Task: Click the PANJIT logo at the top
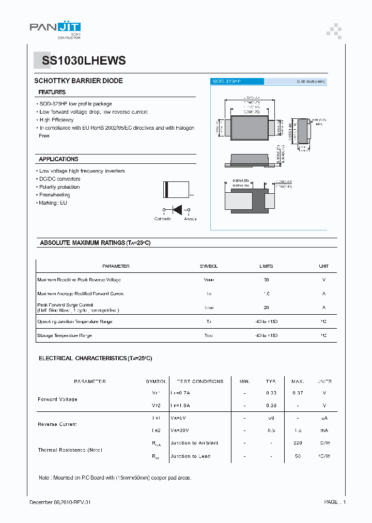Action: [x=55, y=29]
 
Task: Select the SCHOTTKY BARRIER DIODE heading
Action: [x=79, y=81]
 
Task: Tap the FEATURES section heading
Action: [x=52, y=92]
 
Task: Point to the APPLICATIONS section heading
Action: [x=58, y=159]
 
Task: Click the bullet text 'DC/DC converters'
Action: [x=59, y=179]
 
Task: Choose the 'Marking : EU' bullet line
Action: [x=53, y=203]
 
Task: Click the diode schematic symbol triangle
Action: [x=176, y=210]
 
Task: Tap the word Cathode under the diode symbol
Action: [x=163, y=219]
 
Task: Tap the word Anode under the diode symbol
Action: [x=190, y=219]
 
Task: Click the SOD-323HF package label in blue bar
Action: [x=227, y=82]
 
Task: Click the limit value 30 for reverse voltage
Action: [x=266, y=280]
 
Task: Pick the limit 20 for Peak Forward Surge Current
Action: [x=266, y=307]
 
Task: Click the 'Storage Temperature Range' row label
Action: [x=65, y=335]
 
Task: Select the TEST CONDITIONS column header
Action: [x=200, y=381]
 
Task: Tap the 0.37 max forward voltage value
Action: [x=298, y=393]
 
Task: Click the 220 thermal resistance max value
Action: [x=298, y=443]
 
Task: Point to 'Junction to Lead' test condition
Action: [x=191, y=456]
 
